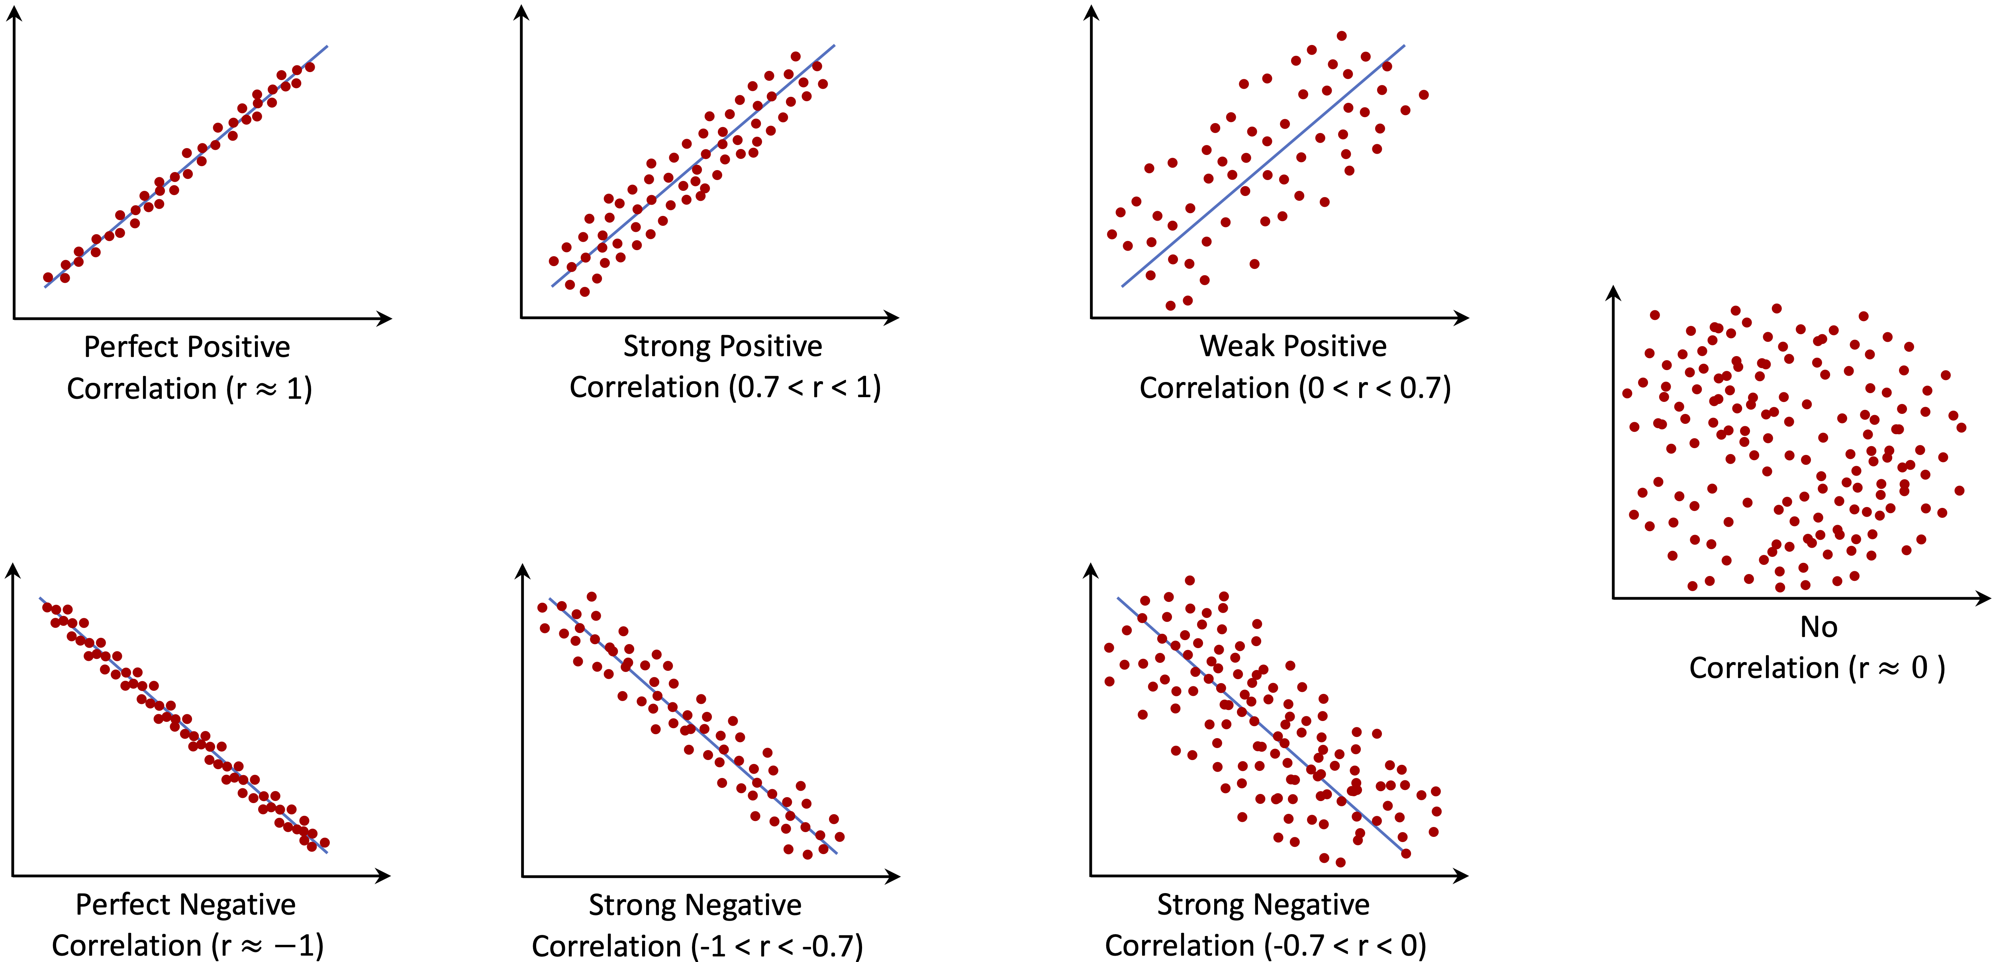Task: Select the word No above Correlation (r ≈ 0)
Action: [1819, 627]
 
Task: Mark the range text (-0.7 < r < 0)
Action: [1346, 946]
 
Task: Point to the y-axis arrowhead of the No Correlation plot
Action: [1614, 293]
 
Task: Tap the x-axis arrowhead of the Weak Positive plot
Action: [1462, 317]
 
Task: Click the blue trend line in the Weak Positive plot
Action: [1262, 167]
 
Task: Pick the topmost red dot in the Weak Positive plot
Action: [1341, 35]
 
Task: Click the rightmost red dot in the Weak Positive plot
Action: [1423, 94]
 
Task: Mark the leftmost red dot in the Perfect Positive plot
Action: [48, 277]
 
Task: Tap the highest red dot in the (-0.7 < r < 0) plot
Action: [1190, 580]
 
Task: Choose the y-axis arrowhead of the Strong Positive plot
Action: [522, 12]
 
